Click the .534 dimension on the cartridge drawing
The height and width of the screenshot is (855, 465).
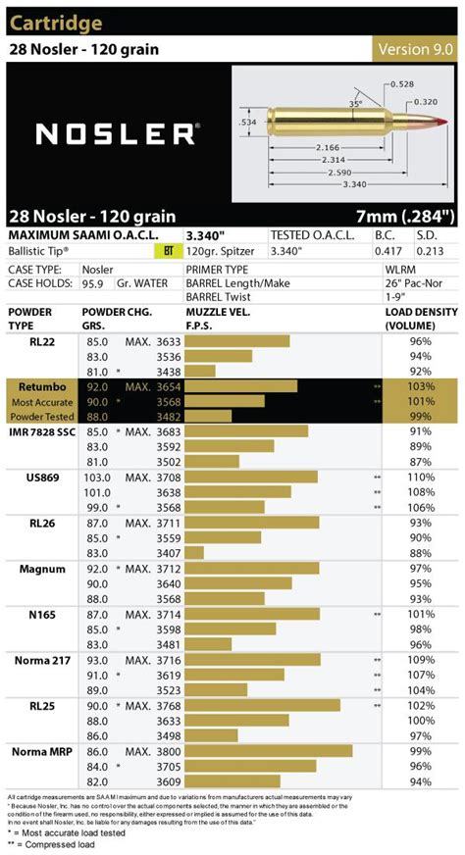pos(248,123)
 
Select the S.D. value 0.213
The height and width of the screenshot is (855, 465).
pos(428,252)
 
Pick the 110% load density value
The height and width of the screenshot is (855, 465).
pos(422,477)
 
